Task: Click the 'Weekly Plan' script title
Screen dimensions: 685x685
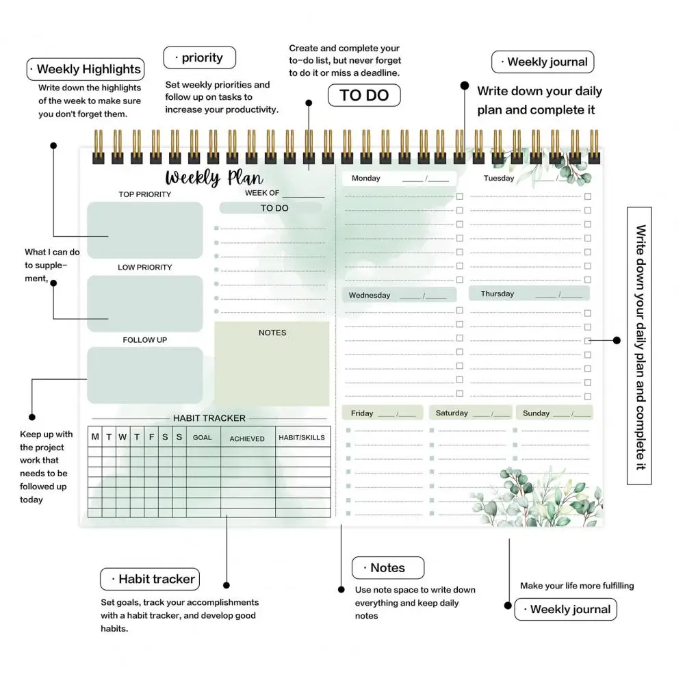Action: (214, 178)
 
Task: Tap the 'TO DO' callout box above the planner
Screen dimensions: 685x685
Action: (364, 96)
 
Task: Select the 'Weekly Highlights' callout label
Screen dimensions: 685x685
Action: (86, 69)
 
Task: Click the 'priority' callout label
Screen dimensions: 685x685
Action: (200, 58)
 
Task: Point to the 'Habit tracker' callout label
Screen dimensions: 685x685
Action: (150, 579)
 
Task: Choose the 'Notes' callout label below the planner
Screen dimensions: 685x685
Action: (388, 568)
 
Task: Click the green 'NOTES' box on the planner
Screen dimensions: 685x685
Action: (272, 363)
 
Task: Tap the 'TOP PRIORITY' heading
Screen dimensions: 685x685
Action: (145, 194)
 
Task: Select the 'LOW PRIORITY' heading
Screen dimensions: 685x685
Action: (145, 267)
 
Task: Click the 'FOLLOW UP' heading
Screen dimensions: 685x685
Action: (145, 340)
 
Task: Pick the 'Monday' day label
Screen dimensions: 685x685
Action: (366, 179)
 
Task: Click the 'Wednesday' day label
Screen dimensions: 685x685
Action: (370, 296)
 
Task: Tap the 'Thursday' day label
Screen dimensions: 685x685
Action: (497, 294)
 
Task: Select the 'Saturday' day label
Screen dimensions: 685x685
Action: (452, 413)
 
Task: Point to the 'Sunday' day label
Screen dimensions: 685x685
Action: (537, 413)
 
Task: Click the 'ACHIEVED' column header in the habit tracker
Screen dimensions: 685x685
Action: (247, 439)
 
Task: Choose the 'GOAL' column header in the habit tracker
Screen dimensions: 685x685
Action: (202, 438)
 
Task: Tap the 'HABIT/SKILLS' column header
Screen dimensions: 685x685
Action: (302, 438)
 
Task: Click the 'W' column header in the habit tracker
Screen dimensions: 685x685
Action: (122, 437)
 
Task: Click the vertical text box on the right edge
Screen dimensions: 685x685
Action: (639, 346)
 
